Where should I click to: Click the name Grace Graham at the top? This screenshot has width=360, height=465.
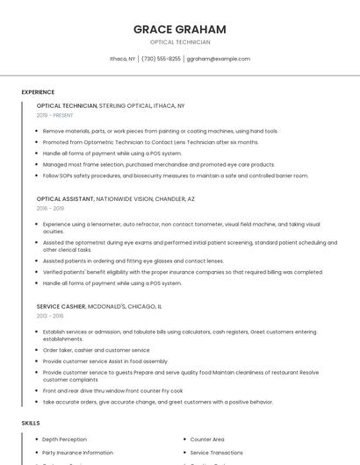point(179,29)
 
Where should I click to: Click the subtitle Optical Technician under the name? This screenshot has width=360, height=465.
point(179,42)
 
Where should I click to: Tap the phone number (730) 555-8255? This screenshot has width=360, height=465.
point(161,59)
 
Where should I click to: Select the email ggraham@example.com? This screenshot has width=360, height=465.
point(219,59)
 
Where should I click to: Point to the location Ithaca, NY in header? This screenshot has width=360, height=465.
point(122,59)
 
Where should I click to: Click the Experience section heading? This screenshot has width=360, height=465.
point(38,92)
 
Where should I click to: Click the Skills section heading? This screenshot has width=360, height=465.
point(31,423)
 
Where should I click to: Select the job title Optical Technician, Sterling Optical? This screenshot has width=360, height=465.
point(111,105)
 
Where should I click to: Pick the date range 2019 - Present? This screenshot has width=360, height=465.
point(55,115)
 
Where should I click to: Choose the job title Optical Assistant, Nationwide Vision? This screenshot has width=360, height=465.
point(116,199)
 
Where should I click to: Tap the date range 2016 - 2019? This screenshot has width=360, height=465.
point(50,209)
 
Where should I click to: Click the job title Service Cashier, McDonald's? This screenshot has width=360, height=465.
point(99,306)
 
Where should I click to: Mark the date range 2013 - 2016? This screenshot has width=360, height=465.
point(50,316)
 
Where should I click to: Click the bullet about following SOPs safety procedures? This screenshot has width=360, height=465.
point(176,175)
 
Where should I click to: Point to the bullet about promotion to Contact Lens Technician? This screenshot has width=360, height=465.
point(150,142)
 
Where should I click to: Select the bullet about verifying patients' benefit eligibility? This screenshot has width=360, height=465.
point(183,272)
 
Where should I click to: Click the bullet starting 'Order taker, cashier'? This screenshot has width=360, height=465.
point(96,350)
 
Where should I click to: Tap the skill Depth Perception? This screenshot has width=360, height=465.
point(64,439)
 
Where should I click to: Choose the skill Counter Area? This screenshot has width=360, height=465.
point(207,439)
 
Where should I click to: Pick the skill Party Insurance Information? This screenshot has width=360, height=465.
point(77,453)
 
